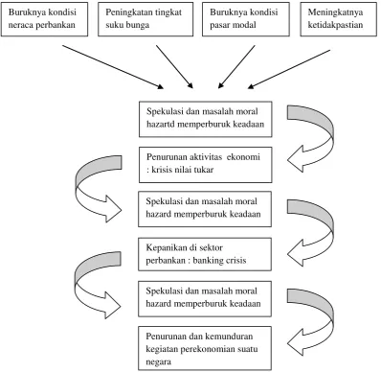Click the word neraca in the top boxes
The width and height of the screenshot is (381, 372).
coord(21,25)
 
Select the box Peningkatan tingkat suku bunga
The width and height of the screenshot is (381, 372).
coord(146,19)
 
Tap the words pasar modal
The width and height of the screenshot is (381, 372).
coord(233,25)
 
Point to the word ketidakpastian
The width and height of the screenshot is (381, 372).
coord(335,25)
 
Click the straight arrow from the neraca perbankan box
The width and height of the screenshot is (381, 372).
coord(113,67)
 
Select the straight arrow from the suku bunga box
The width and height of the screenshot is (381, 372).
coord(174,66)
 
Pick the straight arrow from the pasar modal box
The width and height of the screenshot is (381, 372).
coord(236,66)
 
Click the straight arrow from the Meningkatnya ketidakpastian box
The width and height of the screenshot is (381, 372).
coord(289,69)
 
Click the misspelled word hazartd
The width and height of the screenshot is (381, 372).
coord(161,124)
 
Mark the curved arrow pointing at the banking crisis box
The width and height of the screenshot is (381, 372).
coord(310,233)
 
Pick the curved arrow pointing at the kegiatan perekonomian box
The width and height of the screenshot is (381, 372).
coord(310,322)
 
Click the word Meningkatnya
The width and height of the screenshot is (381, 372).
coord(335,12)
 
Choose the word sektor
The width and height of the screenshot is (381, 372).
coord(211,247)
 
